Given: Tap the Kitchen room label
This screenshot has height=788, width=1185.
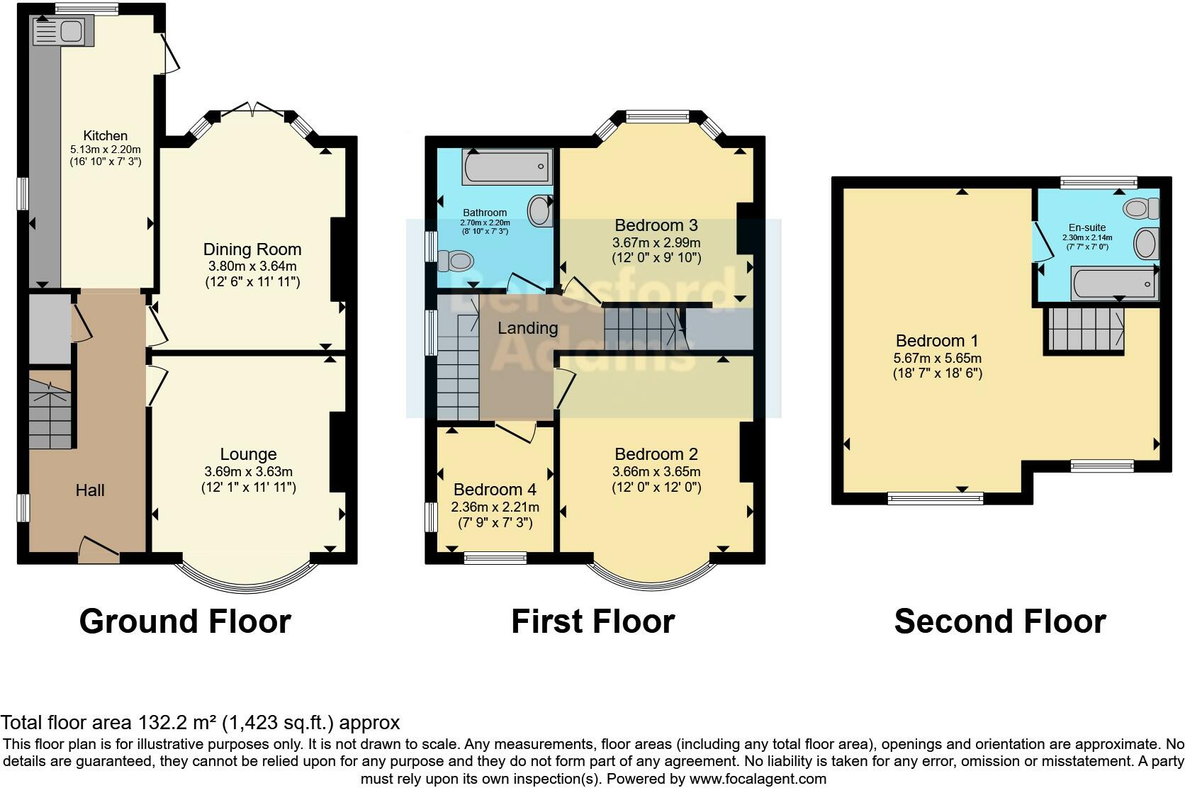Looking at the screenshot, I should point(106,135).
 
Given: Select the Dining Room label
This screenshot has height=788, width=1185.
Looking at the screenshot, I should point(252,249).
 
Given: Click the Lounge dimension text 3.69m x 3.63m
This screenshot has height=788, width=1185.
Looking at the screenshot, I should point(248,471).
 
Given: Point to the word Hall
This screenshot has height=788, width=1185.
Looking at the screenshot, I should point(90,490).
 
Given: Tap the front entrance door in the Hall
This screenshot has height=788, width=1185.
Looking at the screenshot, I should point(99,551).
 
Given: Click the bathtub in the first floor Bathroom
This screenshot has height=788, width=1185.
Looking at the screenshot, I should point(506,167).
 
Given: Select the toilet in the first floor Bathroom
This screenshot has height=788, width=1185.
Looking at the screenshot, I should point(456,261).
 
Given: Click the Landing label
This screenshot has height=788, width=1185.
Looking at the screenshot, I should point(527,328).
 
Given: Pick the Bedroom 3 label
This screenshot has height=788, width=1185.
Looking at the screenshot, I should point(656,225).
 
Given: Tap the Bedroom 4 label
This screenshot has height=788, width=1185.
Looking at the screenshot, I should point(495,490).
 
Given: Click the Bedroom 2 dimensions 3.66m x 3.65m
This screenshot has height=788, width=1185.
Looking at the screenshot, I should point(656,472).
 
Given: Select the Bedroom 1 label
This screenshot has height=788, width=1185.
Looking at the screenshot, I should point(937,341).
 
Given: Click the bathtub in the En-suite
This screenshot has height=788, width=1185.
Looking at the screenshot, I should point(1114,285).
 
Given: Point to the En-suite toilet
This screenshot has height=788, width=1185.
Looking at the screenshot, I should point(1141,208).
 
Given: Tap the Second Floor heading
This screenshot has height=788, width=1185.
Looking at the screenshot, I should point(1000,621).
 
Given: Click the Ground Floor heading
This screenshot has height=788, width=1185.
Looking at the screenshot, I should point(185,621).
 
